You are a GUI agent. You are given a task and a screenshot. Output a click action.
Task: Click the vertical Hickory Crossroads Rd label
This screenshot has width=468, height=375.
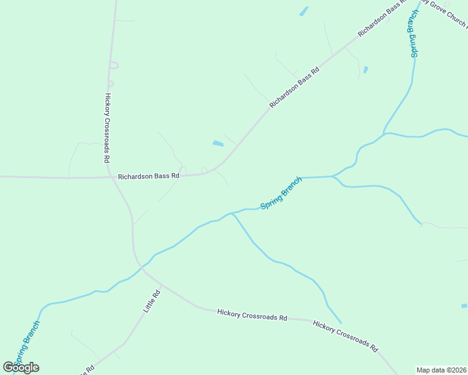(x=108, y=128)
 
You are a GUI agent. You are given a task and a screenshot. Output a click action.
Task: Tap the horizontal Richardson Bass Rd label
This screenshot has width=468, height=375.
(x=149, y=176)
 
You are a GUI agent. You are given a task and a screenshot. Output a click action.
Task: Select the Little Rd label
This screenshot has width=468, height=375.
(x=152, y=301)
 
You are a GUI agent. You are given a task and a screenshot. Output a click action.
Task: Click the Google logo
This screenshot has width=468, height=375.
(x=21, y=367)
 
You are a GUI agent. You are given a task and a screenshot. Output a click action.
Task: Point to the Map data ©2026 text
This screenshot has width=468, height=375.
(x=442, y=369)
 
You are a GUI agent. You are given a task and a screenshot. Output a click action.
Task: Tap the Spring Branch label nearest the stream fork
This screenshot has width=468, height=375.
(x=281, y=192)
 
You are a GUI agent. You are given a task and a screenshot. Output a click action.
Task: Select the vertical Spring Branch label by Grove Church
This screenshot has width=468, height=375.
(x=413, y=34)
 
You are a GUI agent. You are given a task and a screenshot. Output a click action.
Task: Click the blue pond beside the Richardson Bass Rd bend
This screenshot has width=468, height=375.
(x=218, y=144)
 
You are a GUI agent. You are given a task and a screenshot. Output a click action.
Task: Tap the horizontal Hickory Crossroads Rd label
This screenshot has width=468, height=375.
(x=252, y=314)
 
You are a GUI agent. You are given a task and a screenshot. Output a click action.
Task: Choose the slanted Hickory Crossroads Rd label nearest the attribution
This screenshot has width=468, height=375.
(x=345, y=336)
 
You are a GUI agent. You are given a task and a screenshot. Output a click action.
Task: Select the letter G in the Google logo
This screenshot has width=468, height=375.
(x=8, y=367)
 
